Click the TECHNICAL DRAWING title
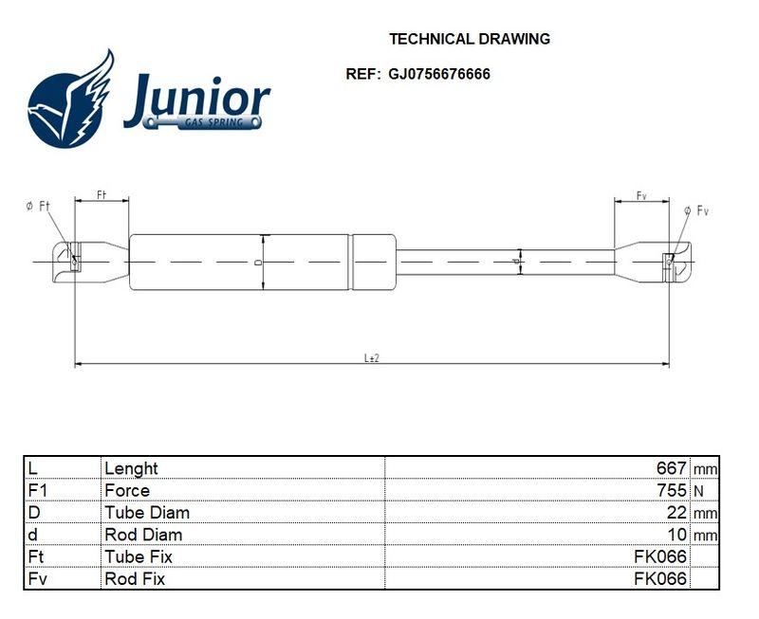tap(470, 39)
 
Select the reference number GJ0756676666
tap(439, 74)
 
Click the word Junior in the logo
tap(197, 100)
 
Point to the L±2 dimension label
tap(372, 358)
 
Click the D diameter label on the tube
tap(258, 263)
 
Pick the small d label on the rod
tap(516, 262)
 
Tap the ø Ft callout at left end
tap(38, 207)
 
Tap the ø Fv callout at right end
tap(696, 210)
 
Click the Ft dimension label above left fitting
tap(102, 194)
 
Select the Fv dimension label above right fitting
tap(641, 195)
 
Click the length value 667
tap(672, 468)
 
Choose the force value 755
tap(672, 490)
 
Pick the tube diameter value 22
tap(676, 513)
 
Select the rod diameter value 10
tap(676, 535)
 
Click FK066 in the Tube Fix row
tap(660, 557)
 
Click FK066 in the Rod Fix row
tap(660, 579)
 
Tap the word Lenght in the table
tap(131, 469)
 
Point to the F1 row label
tap(38, 490)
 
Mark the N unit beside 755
tap(698, 492)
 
